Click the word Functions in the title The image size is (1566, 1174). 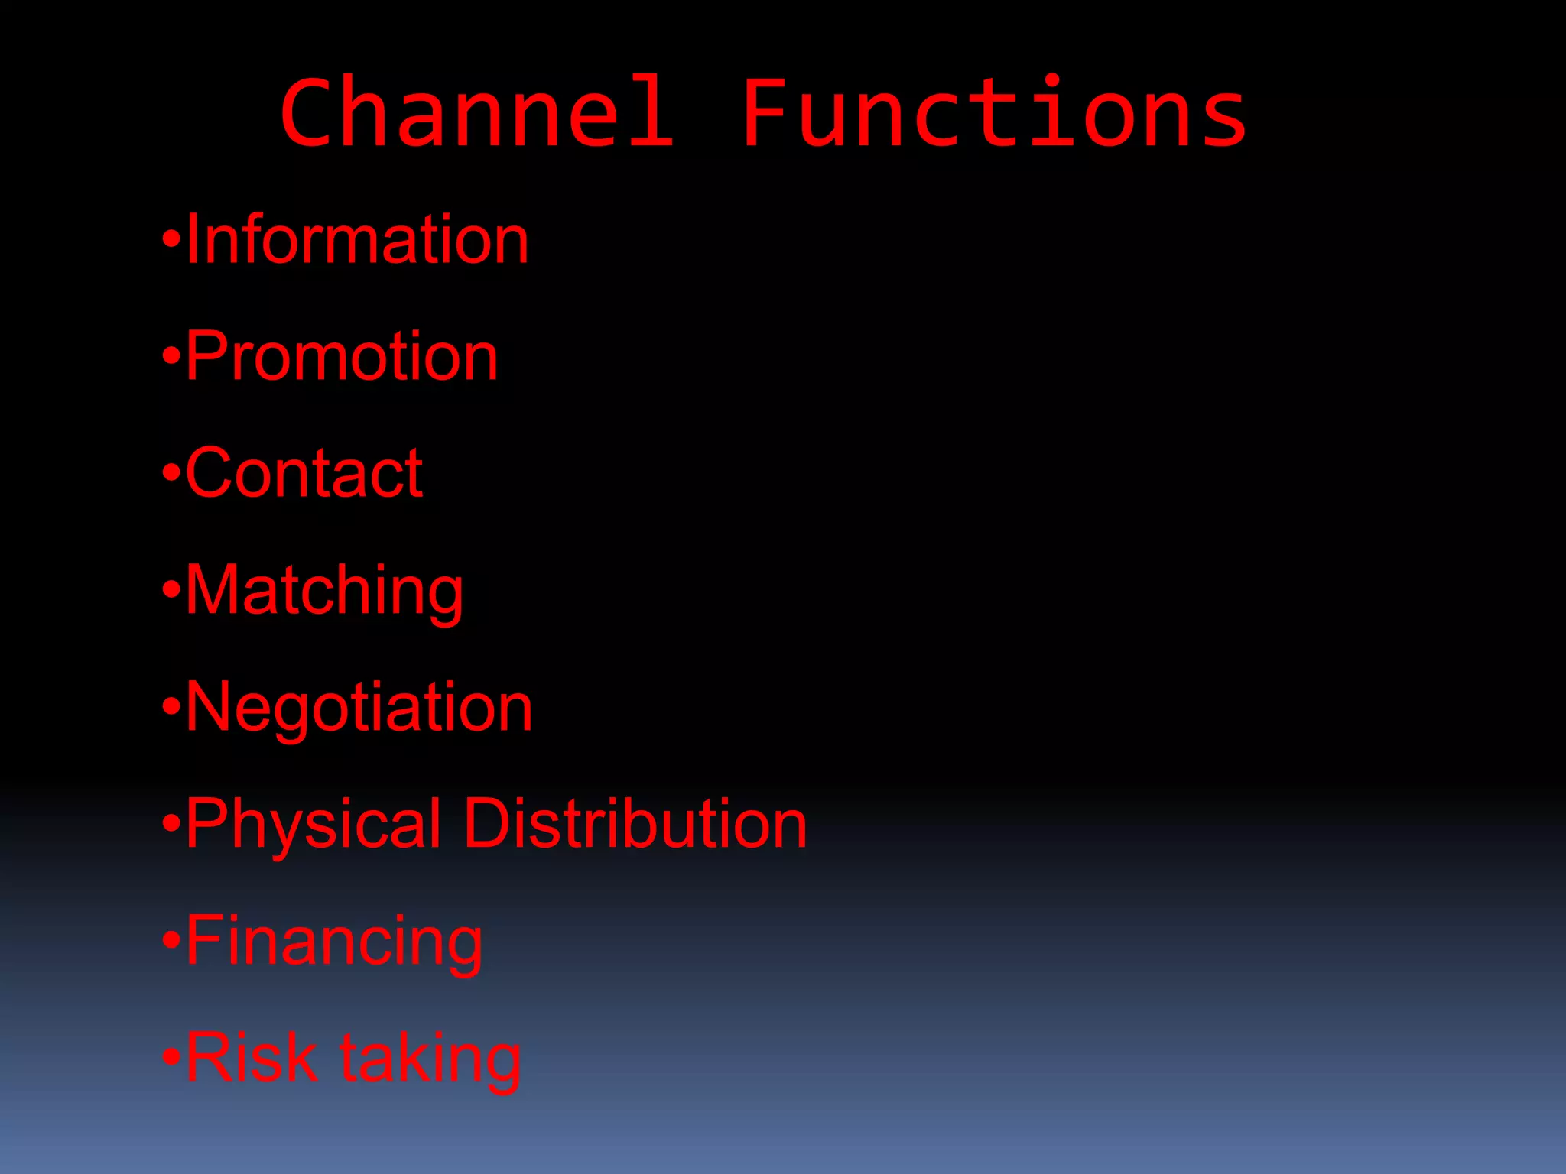(994, 113)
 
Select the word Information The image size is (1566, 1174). (357, 240)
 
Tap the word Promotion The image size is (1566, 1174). (342, 356)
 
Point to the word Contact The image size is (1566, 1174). (304, 473)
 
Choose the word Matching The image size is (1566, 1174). (324, 590)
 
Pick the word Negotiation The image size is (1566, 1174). (359, 707)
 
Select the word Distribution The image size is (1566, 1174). (635, 824)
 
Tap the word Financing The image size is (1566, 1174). (334, 941)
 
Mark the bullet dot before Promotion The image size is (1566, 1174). (171, 356)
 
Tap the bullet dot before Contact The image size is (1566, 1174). (171, 473)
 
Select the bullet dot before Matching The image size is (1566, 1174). (171, 590)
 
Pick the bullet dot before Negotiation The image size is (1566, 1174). (171, 707)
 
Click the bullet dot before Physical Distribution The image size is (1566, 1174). (171, 824)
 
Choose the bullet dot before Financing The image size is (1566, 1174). (171, 941)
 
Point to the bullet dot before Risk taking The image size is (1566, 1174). (171, 1058)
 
